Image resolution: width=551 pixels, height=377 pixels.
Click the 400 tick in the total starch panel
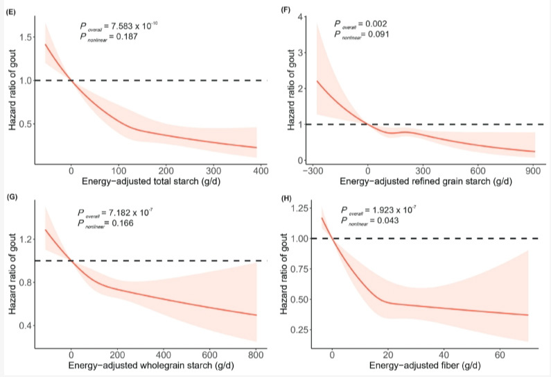(261, 170)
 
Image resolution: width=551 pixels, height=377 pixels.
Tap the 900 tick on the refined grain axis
(532, 170)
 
